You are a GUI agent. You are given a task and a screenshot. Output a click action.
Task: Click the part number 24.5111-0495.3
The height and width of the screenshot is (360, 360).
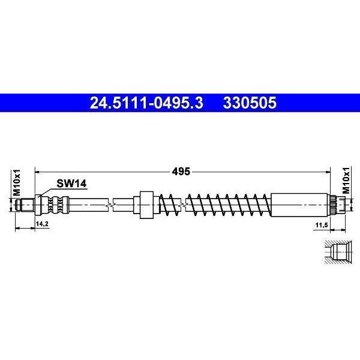tap(146, 103)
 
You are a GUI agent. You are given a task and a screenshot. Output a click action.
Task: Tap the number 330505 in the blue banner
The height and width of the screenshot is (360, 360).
tap(250, 103)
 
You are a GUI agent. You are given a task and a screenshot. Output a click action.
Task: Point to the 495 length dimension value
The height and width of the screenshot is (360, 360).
tap(181, 171)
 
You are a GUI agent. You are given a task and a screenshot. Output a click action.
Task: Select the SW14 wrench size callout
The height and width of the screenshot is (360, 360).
tap(71, 184)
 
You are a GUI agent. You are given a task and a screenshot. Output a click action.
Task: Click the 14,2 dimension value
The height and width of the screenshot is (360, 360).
tap(42, 224)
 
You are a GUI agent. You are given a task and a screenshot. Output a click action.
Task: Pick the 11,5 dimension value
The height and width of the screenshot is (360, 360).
tap(322, 225)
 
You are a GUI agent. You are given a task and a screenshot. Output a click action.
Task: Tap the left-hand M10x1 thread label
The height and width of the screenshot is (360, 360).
tap(17, 183)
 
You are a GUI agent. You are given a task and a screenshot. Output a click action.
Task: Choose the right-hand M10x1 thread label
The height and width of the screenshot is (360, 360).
tap(346, 180)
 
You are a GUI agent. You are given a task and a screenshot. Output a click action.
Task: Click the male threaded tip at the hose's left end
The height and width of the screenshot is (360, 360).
tap(25, 205)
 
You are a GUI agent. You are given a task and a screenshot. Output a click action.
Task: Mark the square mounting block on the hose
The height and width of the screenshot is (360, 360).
tap(146, 205)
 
